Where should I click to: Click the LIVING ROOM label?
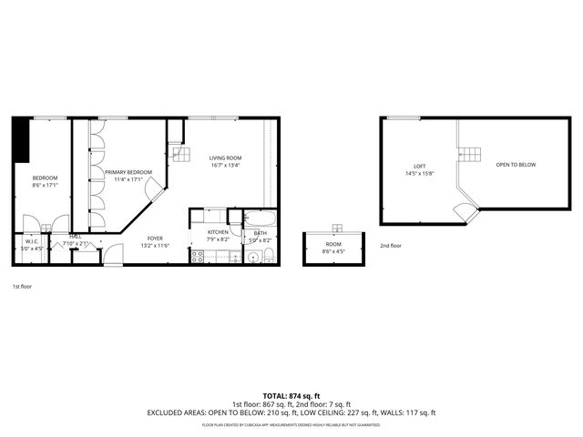click(226, 158)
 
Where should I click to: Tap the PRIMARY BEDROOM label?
click(128, 172)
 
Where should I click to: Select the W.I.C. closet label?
click(32, 241)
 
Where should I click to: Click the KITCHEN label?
click(218, 232)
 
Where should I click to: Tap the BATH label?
click(261, 233)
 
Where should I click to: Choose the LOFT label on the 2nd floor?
click(420, 166)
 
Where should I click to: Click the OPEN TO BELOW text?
click(516, 165)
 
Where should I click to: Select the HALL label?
click(75, 237)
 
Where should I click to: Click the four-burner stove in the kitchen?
click(197, 257)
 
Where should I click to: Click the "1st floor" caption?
click(22, 287)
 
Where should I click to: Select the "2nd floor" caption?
click(390, 246)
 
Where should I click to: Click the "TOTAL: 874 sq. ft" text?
click(291, 395)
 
